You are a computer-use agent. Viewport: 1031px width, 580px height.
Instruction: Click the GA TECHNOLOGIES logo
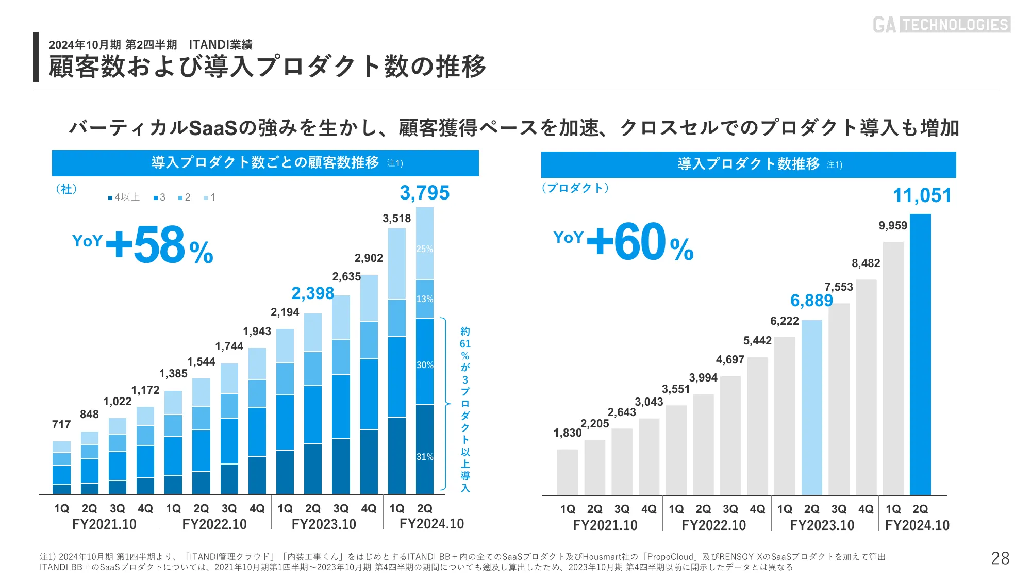[x=941, y=25]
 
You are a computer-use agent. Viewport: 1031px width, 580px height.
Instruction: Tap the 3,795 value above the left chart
[x=425, y=193]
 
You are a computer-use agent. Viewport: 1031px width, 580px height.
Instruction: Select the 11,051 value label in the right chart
[x=922, y=195]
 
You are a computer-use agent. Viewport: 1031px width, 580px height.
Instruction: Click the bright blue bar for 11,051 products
[x=920, y=356]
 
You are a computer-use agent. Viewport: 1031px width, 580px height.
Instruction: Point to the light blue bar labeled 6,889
[x=811, y=407]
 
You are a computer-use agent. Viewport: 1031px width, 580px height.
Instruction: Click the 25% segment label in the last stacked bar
[x=424, y=249]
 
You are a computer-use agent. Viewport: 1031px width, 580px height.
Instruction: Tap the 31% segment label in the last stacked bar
[x=424, y=457]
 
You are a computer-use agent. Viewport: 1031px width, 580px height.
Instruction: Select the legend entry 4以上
[x=124, y=197]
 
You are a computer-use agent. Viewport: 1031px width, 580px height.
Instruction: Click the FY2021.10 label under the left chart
[x=104, y=524]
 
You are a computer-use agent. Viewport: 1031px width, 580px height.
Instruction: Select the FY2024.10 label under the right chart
[x=917, y=525]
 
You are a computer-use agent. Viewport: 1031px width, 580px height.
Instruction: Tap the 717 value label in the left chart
[x=61, y=424]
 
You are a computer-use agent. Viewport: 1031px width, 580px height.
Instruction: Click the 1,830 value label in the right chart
[x=568, y=433]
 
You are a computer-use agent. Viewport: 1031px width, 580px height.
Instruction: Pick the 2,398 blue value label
[x=312, y=293]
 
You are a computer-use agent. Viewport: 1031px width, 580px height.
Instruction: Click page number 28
[x=1000, y=558]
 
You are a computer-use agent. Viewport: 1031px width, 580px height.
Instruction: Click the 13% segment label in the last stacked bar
[x=424, y=299]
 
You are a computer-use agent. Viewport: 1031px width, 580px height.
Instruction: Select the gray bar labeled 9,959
[x=893, y=369]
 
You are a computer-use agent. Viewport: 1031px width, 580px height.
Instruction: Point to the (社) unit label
[x=66, y=189]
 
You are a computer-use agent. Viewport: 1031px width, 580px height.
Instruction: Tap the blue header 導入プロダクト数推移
[x=749, y=164]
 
